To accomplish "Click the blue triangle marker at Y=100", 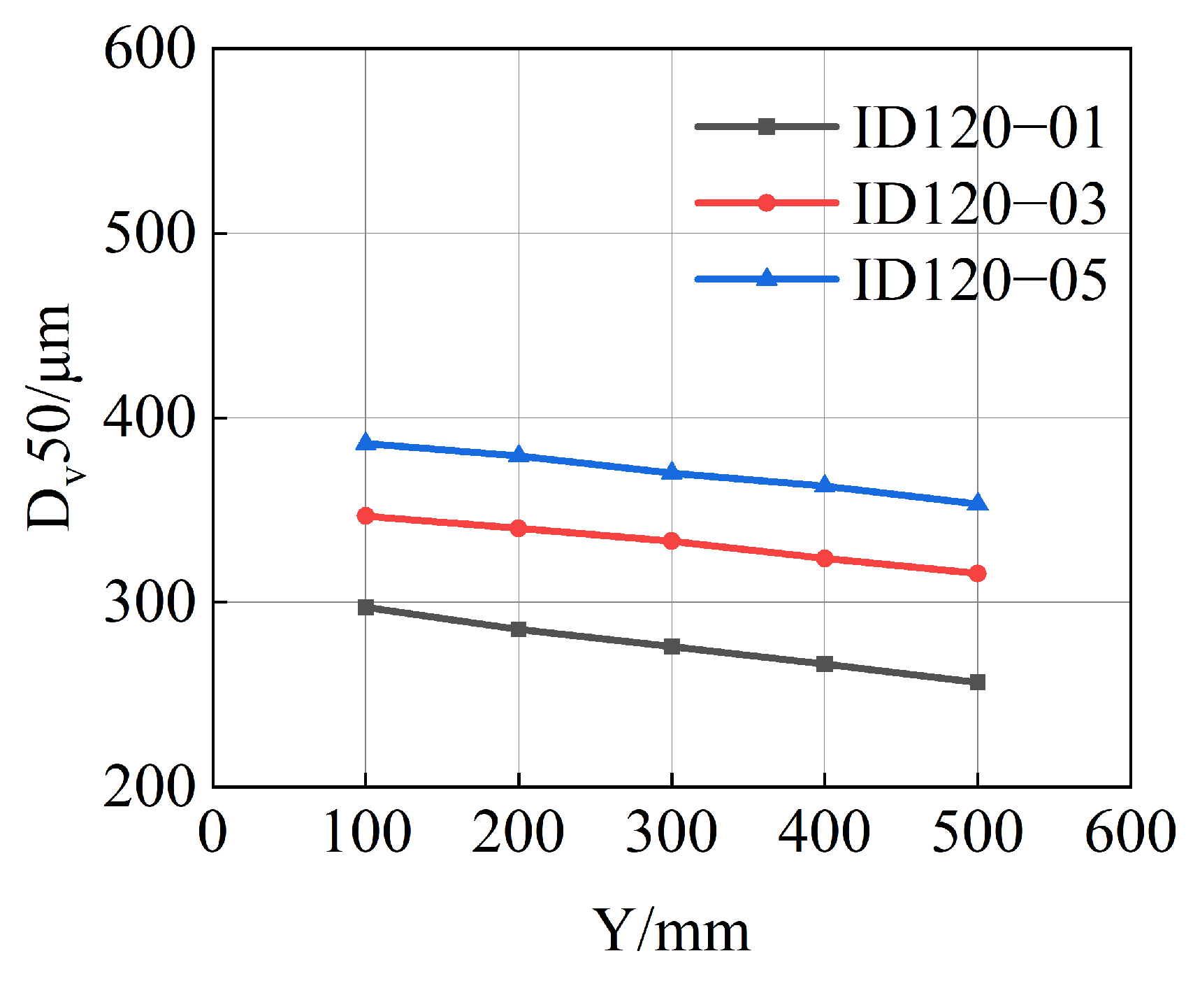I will point(366,442).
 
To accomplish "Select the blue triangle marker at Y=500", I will point(977,503).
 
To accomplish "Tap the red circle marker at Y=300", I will point(671,541).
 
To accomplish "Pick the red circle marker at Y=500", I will point(977,573).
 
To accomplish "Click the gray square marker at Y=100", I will point(366,607).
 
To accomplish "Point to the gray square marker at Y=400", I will point(824,664).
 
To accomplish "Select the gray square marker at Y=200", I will point(518,629).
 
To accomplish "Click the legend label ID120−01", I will point(978,128).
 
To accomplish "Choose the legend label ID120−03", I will point(978,203).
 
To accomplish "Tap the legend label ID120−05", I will point(978,280).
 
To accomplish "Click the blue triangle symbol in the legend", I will point(767,278).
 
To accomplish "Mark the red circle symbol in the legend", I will point(767,203).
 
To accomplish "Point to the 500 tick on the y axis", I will point(148,234).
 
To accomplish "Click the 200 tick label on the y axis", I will point(148,787).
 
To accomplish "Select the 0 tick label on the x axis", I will point(212,832).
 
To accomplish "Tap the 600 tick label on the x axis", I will point(1129,832).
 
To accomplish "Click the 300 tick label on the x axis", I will point(671,832).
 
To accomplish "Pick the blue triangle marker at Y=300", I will point(671,472).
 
